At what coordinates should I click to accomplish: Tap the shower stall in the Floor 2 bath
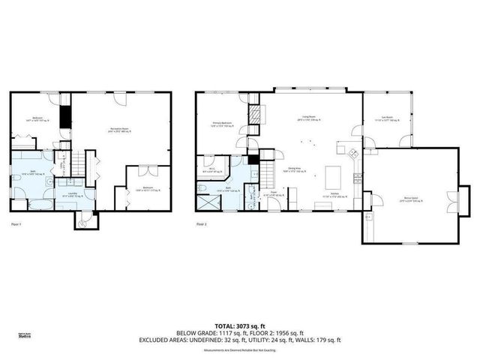(x=208, y=200)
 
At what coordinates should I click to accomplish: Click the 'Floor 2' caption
(x=201, y=224)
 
